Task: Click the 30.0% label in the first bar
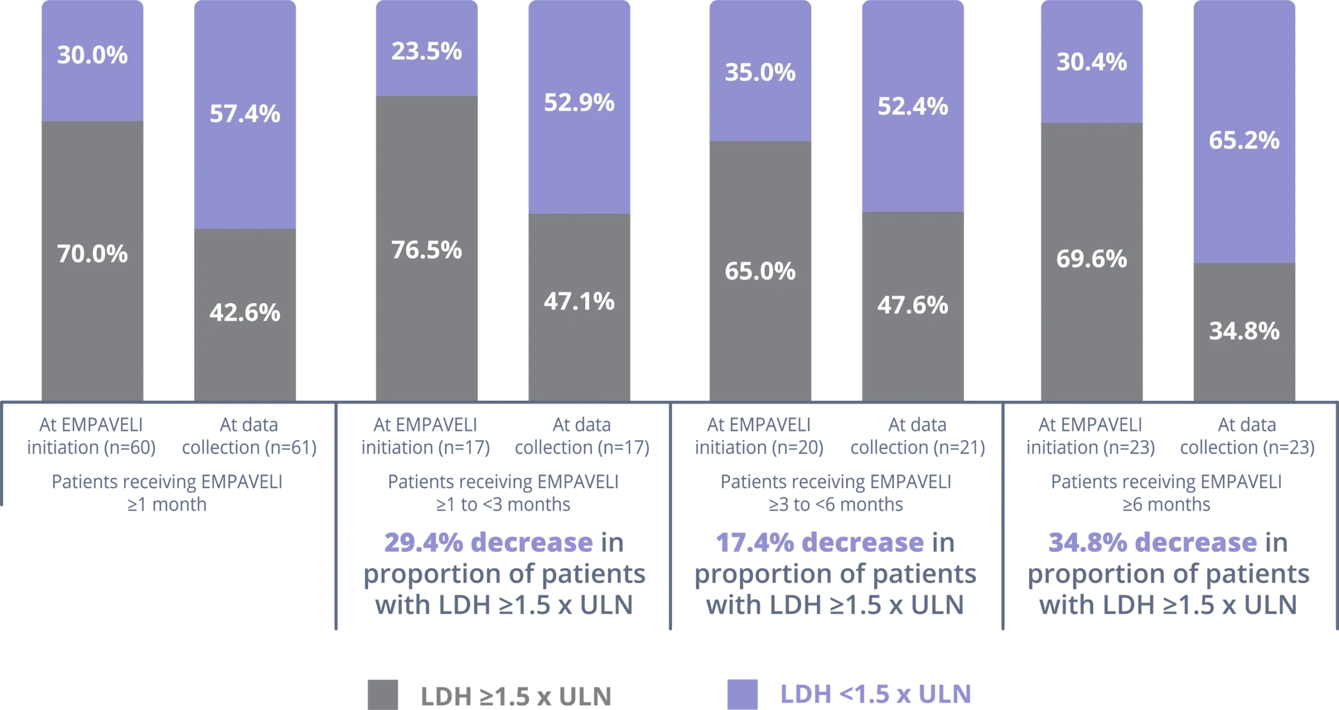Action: coord(92,55)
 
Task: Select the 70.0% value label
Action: coord(92,254)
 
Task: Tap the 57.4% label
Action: coord(245,114)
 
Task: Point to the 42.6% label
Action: coord(245,313)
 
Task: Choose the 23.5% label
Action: coord(426,52)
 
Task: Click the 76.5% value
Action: coord(426,250)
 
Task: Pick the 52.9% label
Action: coord(579,103)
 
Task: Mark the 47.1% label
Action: coord(579,301)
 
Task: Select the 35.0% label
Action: coord(760,73)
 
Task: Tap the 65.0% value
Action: coord(760,272)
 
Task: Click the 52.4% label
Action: coord(913,107)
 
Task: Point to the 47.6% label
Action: coord(913,305)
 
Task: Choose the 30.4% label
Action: coord(1092,62)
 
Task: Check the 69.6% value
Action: coord(1092,259)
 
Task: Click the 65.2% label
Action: coord(1244,141)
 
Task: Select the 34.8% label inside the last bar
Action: coord(1244,331)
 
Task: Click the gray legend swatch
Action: coord(382,694)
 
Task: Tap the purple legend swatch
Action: coord(743,694)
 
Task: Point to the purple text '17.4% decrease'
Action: coord(819,544)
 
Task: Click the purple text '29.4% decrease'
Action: coord(486,544)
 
